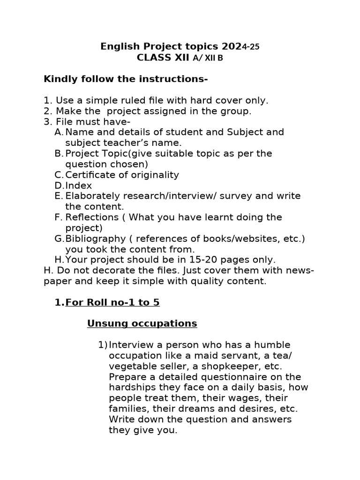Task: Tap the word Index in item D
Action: click(x=77, y=186)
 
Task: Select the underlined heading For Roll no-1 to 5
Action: click(x=112, y=303)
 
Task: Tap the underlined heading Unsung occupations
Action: click(x=142, y=324)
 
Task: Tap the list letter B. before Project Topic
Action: click(x=59, y=154)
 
